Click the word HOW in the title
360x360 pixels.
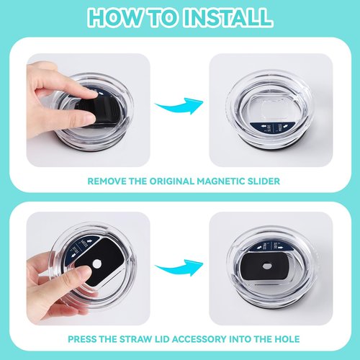click(x=115, y=17)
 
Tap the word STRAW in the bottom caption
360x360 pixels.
click(x=135, y=339)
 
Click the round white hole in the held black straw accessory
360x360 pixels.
click(x=97, y=264)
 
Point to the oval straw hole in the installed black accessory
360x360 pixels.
click(x=267, y=266)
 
